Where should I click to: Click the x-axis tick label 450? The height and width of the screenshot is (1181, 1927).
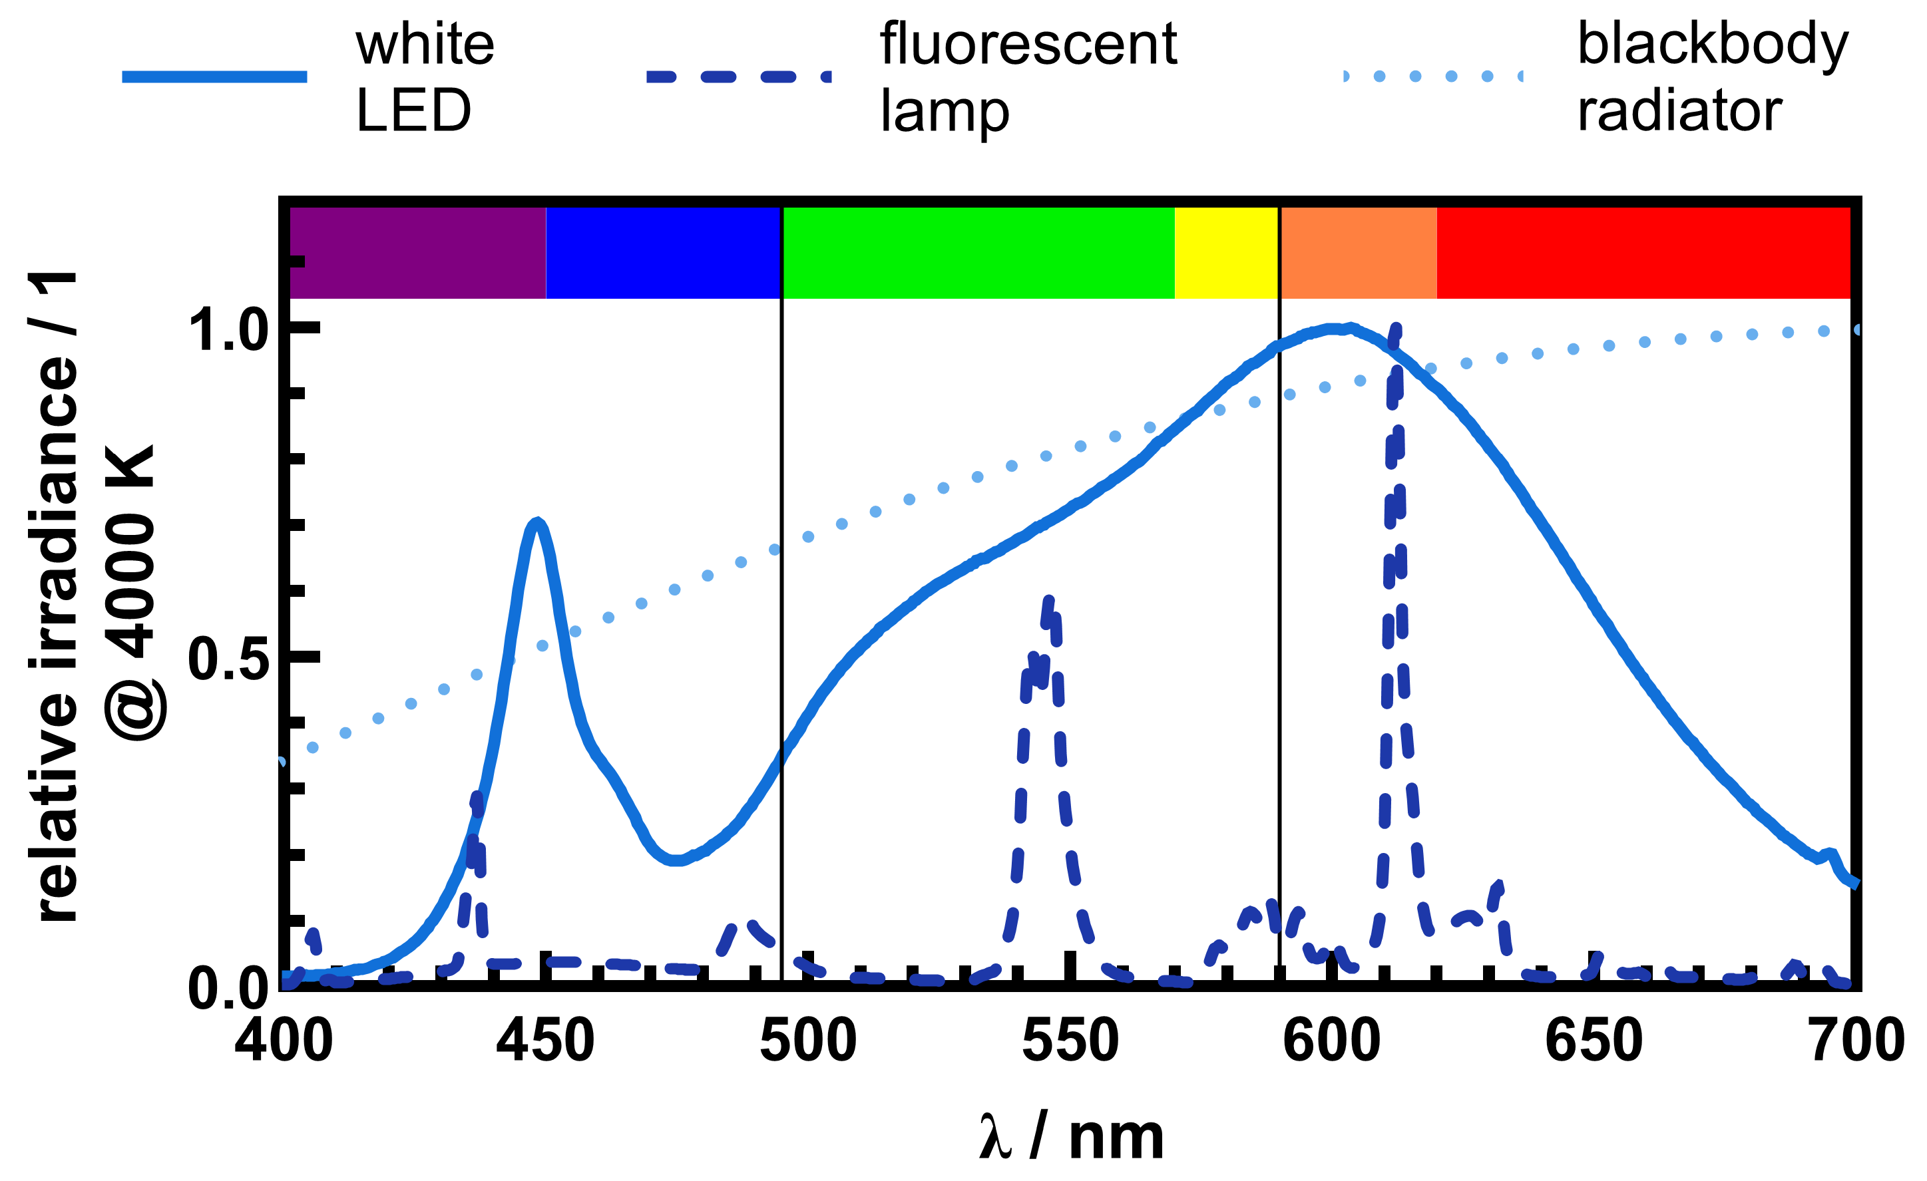coord(545,1041)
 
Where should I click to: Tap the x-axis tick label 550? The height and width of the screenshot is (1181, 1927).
coord(1070,1041)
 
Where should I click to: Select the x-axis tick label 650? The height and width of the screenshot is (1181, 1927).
coord(1594,1041)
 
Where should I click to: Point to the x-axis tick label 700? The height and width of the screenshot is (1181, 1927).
coord(1857,1041)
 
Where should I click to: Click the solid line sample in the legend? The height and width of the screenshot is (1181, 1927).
coord(214,77)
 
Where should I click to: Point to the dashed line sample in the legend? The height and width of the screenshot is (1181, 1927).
coord(738,77)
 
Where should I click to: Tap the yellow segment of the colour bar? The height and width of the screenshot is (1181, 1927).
coord(1225,252)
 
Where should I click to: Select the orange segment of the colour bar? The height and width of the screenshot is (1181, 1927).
coord(1358,252)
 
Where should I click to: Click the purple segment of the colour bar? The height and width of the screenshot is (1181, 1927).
coord(417,252)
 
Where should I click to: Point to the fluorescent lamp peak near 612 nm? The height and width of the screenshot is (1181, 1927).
coord(1395,328)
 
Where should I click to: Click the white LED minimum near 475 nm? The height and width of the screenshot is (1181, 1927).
coord(676,860)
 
